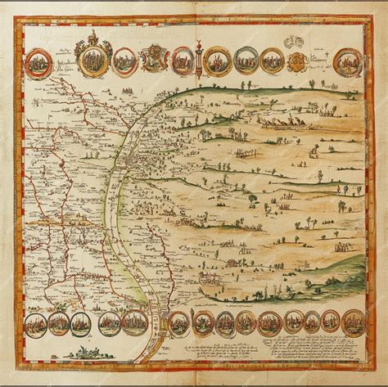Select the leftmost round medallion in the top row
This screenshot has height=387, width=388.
[37, 61]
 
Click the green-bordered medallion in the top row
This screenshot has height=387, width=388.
[246, 59]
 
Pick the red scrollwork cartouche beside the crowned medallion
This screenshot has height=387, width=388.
[154, 57]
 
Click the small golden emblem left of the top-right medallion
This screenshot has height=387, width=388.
[298, 61]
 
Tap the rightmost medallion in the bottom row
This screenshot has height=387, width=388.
[354, 322]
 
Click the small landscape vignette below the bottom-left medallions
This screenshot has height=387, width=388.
[88, 353]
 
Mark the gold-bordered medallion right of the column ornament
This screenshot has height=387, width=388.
[217, 60]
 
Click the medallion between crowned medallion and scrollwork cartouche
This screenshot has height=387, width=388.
[124, 61]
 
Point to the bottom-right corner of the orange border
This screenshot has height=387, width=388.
[371, 365]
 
